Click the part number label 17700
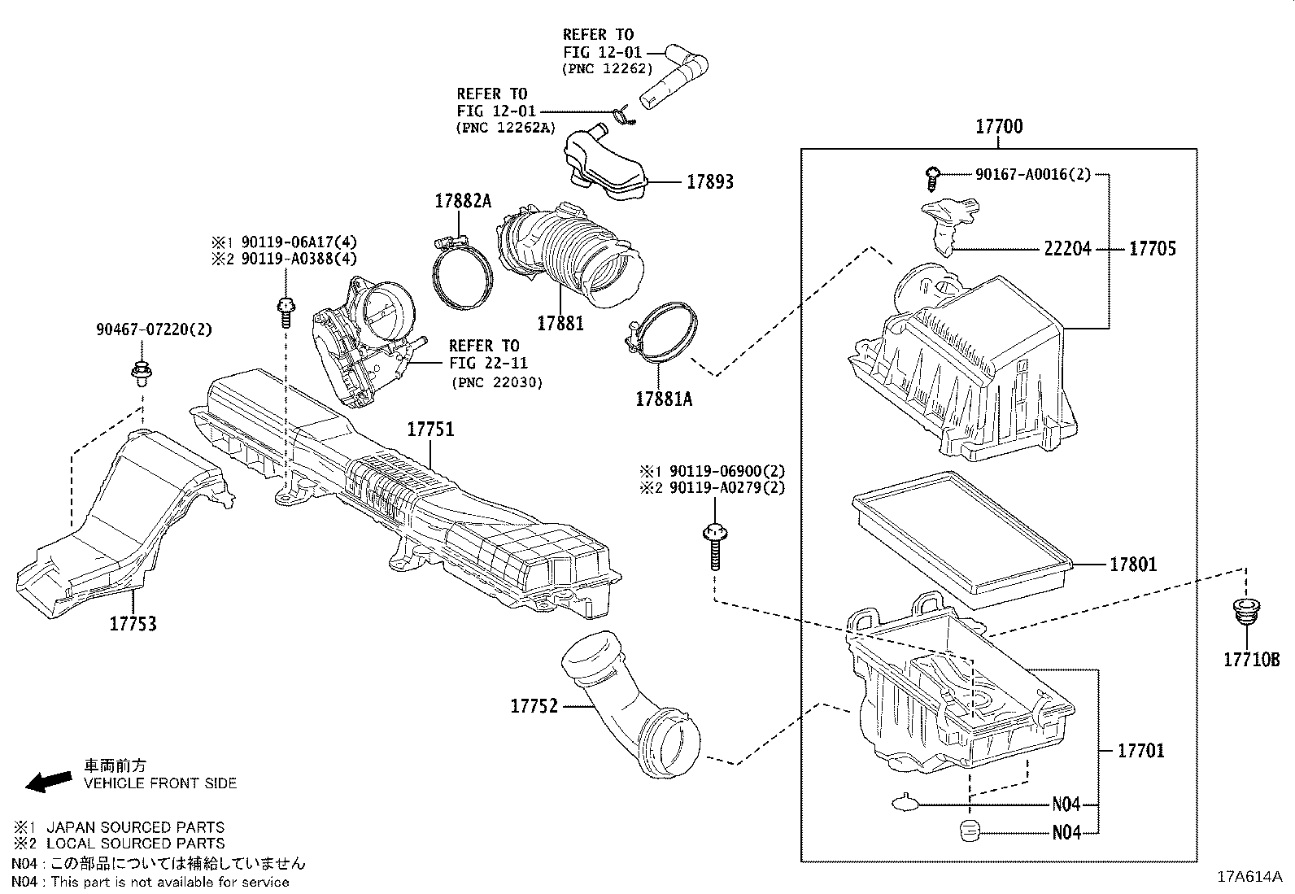(x=999, y=127)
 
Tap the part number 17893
(x=709, y=181)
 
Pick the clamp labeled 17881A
(x=663, y=334)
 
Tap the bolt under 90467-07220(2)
(x=142, y=373)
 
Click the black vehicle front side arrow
(x=48, y=780)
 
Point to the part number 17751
(x=430, y=430)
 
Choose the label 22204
(x=1067, y=249)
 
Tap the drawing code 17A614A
(x=1249, y=877)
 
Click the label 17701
(x=1140, y=750)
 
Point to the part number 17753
(x=133, y=624)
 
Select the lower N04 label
(x=1066, y=832)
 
